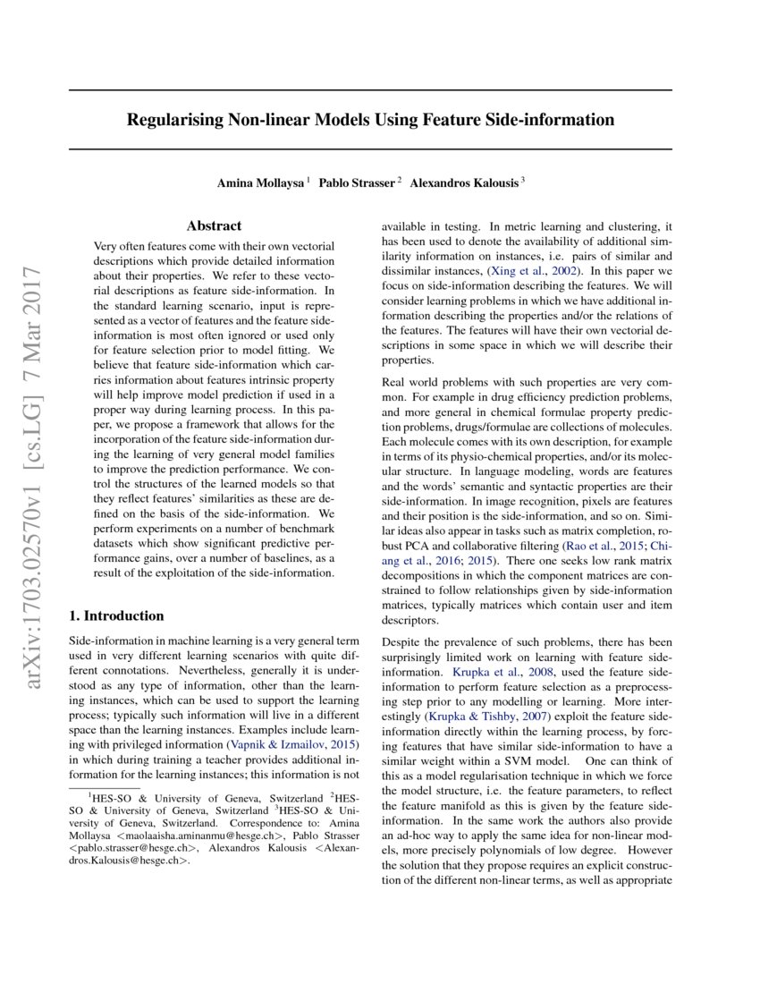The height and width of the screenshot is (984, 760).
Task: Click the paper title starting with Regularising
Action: pyautogui.click(x=370, y=119)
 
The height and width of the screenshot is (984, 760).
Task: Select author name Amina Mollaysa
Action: pyautogui.click(x=260, y=182)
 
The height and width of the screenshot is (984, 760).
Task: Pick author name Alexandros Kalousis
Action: pyautogui.click(x=465, y=182)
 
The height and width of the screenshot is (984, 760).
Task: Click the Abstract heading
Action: pyautogui.click(x=214, y=226)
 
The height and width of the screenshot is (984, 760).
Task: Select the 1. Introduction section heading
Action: pyautogui.click(x=116, y=615)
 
